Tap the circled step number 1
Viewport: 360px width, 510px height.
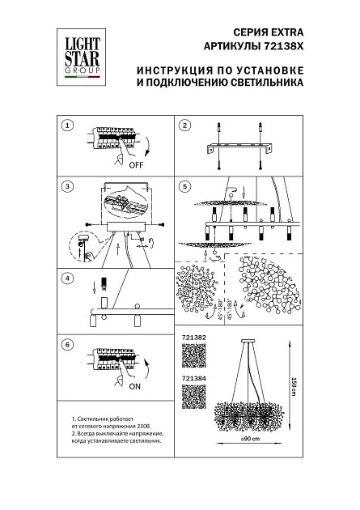(x=68, y=125)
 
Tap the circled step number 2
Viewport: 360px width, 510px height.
(x=184, y=125)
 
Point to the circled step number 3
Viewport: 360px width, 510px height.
(x=68, y=187)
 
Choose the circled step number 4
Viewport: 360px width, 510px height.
(x=68, y=278)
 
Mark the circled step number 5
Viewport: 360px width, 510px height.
(x=184, y=187)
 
